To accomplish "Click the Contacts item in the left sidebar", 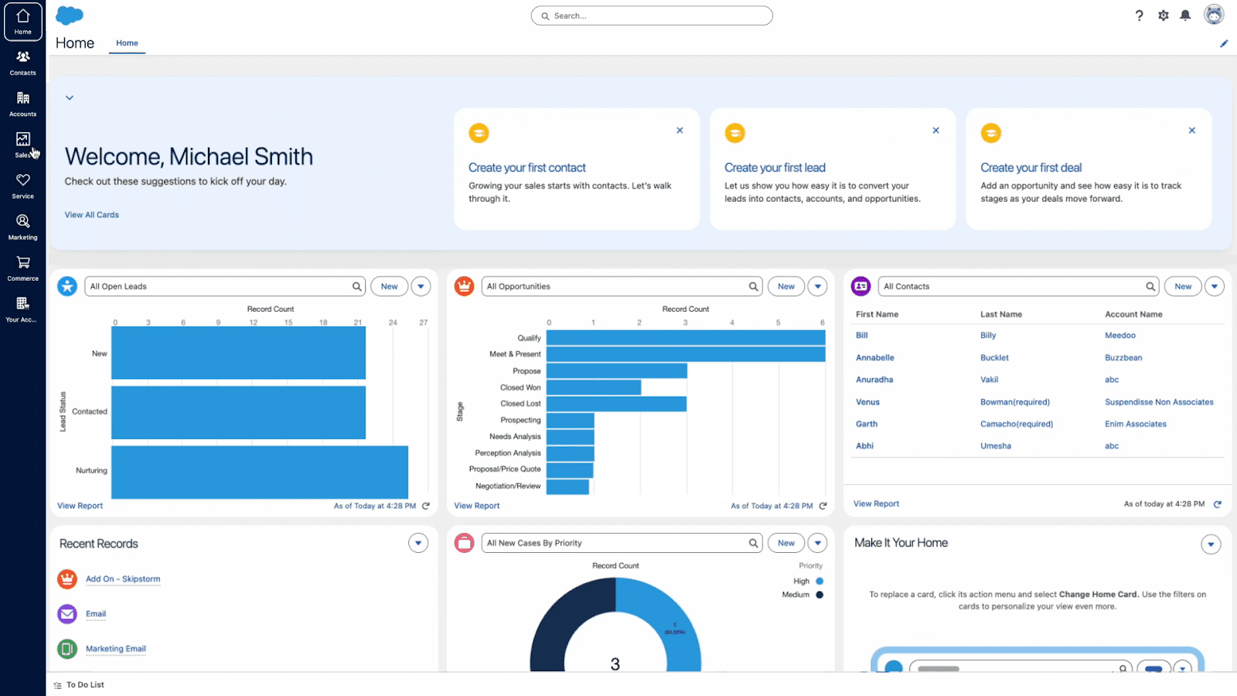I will point(23,63).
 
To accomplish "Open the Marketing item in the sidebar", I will point(23,227).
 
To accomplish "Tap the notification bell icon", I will point(1185,15).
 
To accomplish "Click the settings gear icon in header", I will point(1163,15).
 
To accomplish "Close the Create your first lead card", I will point(935,131).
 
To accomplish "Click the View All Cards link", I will point(92,215).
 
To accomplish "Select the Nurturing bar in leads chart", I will point(259,472).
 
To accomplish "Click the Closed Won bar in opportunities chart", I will point(593,387).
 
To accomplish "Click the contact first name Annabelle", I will point(874,358).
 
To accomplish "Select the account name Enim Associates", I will point(1135,424).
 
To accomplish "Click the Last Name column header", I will point(1000,315).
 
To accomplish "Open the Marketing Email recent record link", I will point(116,649).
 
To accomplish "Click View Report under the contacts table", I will point(876,504).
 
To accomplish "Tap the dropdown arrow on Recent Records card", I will point(418,543).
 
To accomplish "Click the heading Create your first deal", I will point(1031,168).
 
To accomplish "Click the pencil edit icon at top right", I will point(1224,43).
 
